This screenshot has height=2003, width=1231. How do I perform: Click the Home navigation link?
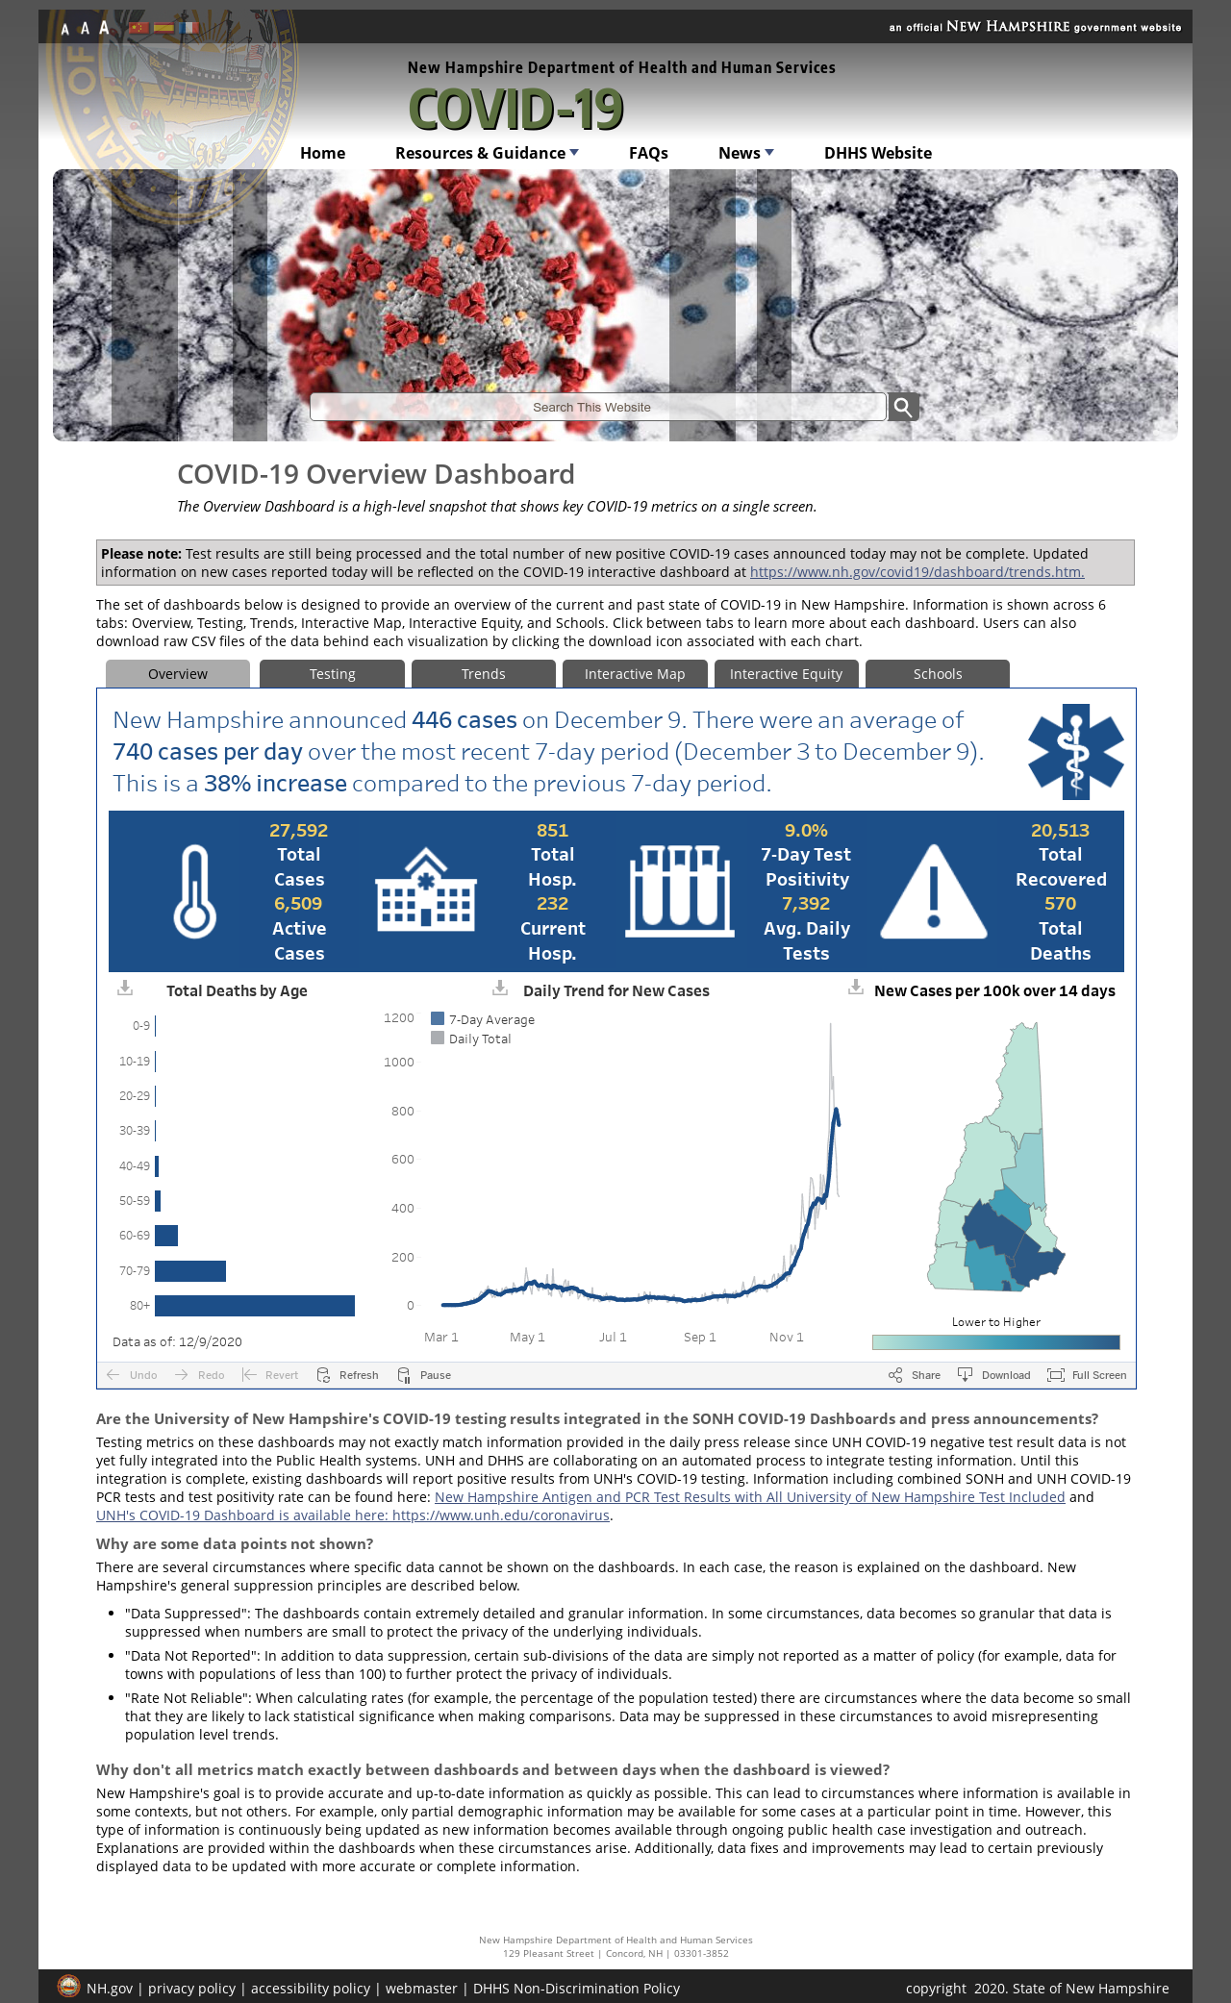pos(322,153)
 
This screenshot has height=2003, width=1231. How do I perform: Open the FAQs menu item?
pos(648,153)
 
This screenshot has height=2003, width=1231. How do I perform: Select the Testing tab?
pos(332,674)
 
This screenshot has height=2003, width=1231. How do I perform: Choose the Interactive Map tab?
pos(635,674)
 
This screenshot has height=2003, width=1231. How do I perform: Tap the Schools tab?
pos(938,674)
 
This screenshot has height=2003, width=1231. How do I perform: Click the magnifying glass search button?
pos(903,407)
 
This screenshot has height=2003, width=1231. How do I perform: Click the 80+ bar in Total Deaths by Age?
pos(255,1305)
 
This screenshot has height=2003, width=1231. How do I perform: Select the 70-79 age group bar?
pos(190,1270)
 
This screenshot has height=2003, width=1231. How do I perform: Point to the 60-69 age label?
pos(135,1236)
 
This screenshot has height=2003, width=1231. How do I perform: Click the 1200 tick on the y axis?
pos(399,1018)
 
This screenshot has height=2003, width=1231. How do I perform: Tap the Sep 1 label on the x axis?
pos(699,1338)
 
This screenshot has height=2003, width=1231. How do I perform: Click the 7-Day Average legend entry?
pos(483,1019)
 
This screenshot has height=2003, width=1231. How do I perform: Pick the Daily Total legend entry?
pos(471,1039)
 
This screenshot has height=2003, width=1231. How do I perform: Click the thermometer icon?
pos(194,891)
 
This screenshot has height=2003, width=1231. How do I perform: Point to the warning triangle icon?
pos(934,891)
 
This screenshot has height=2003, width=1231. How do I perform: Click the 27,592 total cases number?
pos(299,830)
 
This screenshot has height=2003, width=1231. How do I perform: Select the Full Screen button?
pos(1087,1375)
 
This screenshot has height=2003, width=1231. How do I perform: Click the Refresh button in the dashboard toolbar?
pos(348,1375)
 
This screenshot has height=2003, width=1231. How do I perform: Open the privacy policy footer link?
pos(191,1989)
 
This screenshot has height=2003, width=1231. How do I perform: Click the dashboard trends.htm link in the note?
pos(917,572)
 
